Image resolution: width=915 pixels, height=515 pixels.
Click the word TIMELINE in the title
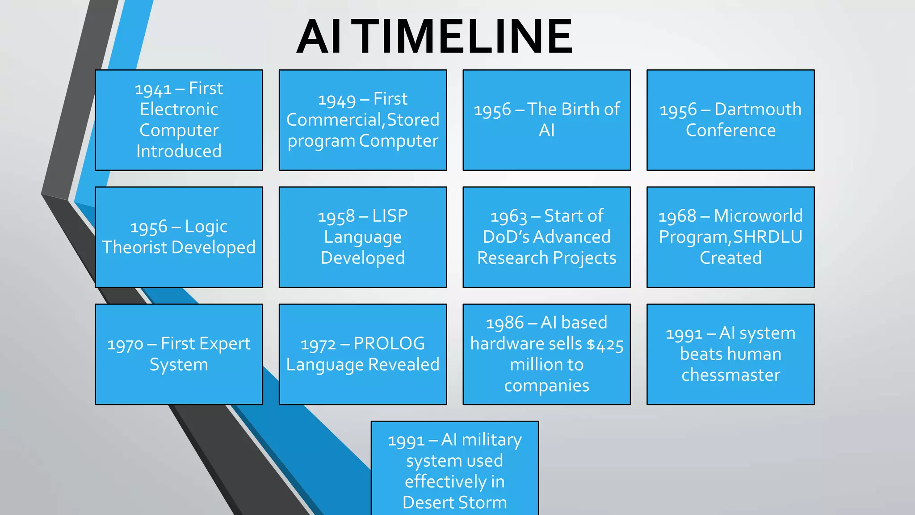(465, 37)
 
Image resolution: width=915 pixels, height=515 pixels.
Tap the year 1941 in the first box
(153, 89)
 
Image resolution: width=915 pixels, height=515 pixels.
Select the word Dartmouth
(758, 110)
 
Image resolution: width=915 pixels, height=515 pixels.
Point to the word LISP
(390, 216)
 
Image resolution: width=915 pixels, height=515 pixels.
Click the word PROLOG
(389, 344)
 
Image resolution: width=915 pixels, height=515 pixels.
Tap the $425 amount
(605, 345)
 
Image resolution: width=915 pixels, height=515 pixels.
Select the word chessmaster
(730, 375)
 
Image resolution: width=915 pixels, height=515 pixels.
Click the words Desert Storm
(454, 502)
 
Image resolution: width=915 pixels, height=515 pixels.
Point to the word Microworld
(758, 216)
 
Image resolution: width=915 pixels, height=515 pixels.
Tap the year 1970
(125, 345)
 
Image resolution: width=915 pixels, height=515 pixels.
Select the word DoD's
(506, 237)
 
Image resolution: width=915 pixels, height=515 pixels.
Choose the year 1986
(504, 323)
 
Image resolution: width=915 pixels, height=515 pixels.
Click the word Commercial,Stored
(362, 120)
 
